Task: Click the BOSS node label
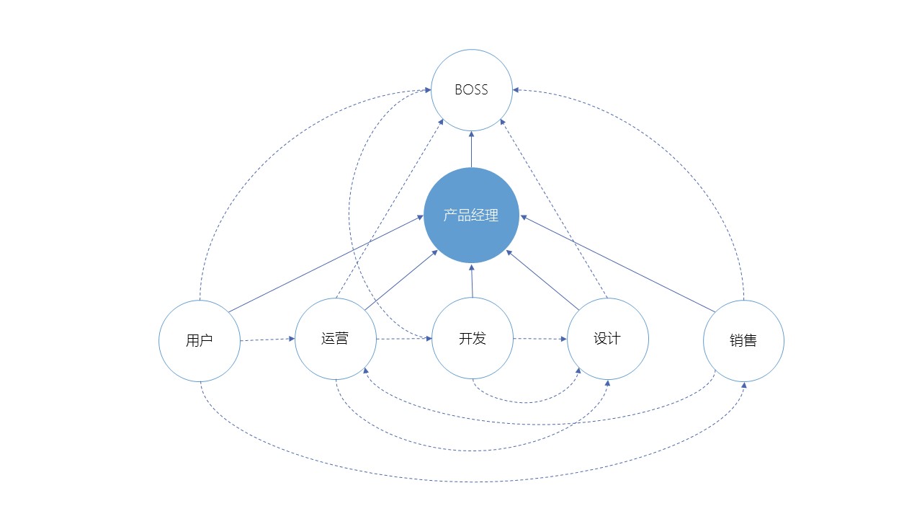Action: (x=471, y=90)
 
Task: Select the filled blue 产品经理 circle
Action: (x=471, y=215)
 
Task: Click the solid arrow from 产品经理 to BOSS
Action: (x=471, y=149)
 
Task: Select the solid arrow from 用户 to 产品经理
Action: (x=326, y=264)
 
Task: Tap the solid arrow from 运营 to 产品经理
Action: (x=401, y=280)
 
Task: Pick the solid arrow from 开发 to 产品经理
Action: (x=472, y=280)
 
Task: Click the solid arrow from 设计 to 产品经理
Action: (x=542, y=280)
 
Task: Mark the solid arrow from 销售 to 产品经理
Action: (x=617, y=264)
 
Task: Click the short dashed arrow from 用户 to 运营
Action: (x=267, y=340)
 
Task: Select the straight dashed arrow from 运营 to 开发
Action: (x=404, y=339)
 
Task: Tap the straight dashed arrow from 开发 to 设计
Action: (x=540, y=339)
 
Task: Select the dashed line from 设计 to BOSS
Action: (x=554, y=208)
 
